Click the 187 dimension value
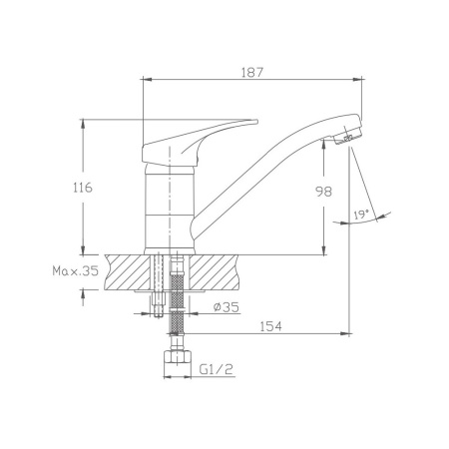251,72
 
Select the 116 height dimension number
83,188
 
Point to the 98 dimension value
324,192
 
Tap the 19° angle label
361,214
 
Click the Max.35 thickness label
76,271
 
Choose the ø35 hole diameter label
226,307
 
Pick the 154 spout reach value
270,326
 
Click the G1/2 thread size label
217,369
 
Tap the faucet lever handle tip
255,122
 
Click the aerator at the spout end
348,137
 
